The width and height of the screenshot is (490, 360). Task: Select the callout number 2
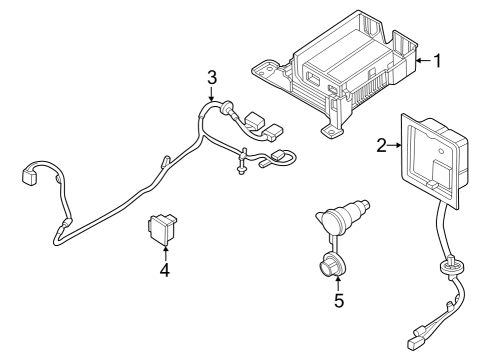tap(381, 146)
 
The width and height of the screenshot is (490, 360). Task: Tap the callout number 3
tap(211, 76)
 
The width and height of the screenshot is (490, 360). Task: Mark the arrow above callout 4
tap(164, 251)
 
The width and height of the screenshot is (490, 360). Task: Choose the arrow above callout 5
tap(339, 281)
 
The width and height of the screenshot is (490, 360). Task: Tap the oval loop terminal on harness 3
tap(283, 155)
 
